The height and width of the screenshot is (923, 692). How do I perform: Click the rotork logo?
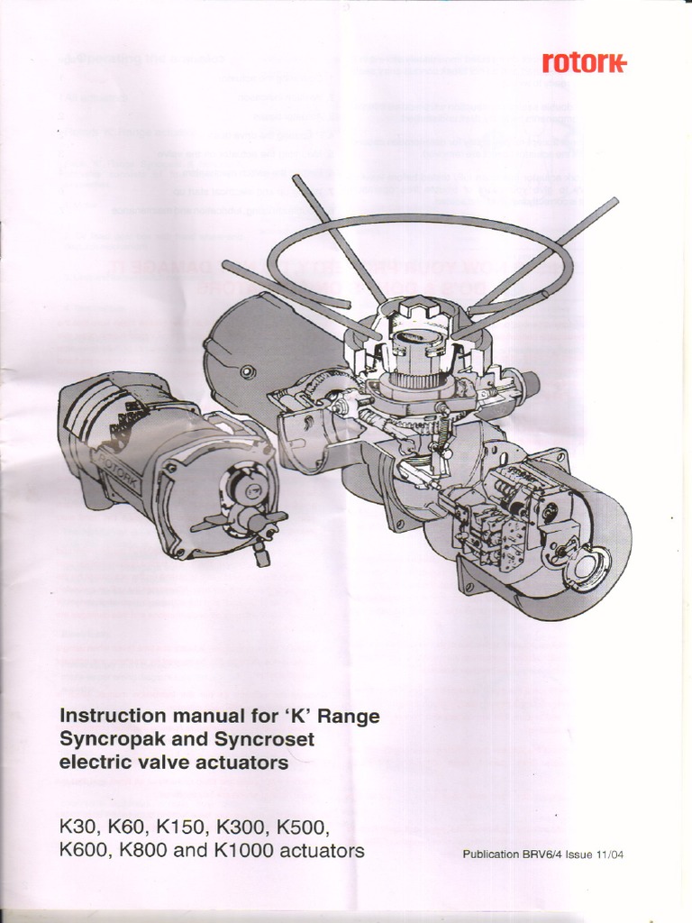(584, 63)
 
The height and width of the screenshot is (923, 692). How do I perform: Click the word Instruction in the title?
(113, 716)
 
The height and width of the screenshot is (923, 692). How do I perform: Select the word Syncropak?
(106, 739)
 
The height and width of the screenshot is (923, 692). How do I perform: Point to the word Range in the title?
(349, 716)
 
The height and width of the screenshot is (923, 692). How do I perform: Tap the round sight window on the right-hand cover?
(589, 567)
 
